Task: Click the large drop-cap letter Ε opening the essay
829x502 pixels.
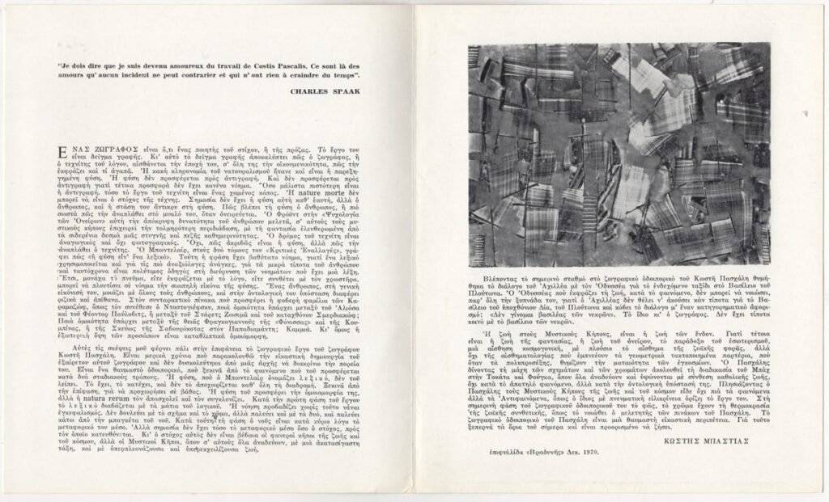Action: [56, 141]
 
